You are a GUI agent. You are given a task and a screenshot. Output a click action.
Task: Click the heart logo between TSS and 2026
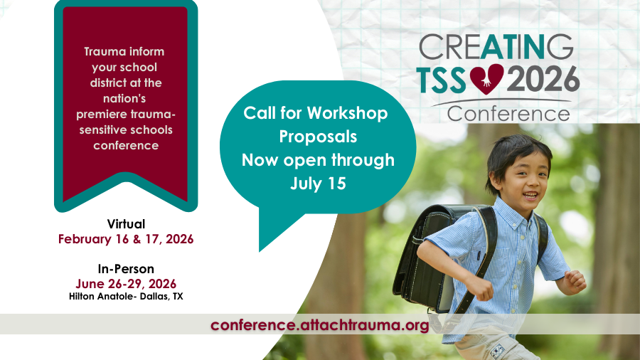pos(486,79)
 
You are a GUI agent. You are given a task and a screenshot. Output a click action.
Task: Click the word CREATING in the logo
pos(496,47)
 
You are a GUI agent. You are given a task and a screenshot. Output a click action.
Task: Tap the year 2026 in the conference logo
pos(543,79)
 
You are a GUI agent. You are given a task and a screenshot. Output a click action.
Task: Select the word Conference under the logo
pos(508,114)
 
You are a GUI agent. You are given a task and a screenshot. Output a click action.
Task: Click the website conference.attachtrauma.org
pos(319,325)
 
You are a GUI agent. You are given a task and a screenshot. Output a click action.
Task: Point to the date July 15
pos(318,184)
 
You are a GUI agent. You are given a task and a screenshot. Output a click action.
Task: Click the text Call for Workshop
pos(316,112)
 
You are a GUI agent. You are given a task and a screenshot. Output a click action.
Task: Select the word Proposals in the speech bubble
pos(318,137)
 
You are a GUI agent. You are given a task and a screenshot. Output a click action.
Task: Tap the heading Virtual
pos(126,224)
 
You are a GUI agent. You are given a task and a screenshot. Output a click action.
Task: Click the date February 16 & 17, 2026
pos(126,239)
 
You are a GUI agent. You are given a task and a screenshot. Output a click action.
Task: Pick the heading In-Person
pos(126,269)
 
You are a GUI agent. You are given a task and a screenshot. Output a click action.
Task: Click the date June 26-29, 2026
pos(126,284)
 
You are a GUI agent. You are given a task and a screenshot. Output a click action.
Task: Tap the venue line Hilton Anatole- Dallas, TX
pos(126,297)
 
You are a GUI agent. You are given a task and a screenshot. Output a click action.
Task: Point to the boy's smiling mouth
pos(530,195)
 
